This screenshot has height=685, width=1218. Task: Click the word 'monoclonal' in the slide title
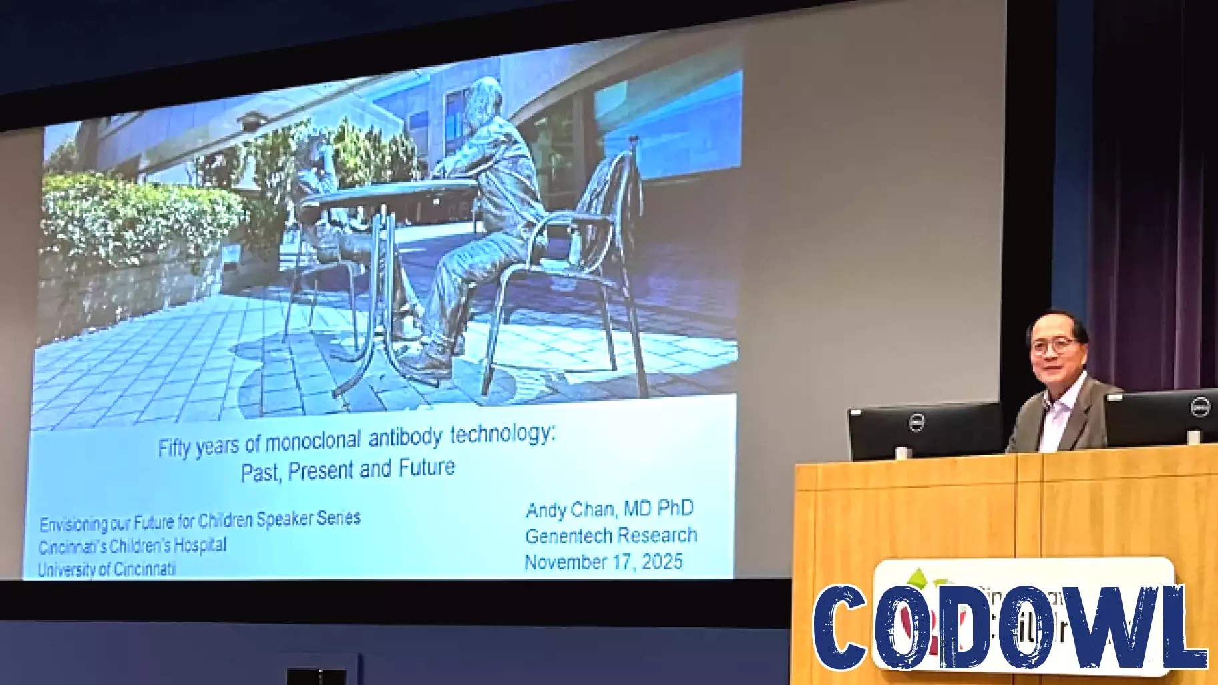click(x=313, y=442)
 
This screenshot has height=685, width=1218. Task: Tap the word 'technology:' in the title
click(x=502, y=435)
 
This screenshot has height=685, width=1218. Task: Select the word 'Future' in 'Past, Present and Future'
click(x=427, y=467)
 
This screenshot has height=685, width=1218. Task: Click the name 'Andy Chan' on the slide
click(x=569, y=510)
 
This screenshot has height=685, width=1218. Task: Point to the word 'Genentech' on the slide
click(x=568, y=536)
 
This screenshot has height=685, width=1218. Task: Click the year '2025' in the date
click(x=662, y=562)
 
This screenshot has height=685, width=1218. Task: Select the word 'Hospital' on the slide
click(x=200, y=545)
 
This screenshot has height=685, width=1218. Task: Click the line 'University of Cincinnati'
click(x=107, y=569)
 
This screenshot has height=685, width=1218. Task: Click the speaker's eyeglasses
click(x=1053, y=346)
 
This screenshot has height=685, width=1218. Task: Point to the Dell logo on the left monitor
click(x=917, y=423)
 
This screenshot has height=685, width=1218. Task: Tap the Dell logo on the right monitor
click(x=1200, y=407)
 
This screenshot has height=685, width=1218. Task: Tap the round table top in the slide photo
click(x=387, y=194)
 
